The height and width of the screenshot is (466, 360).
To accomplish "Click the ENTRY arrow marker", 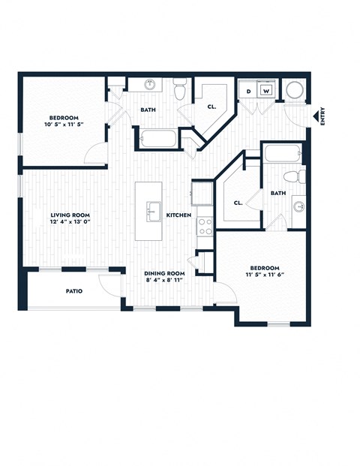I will (x=314, y=117).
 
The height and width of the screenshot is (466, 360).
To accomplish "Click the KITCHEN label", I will (x=178, y=215).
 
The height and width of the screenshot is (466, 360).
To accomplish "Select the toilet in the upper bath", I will (x=178, y=92).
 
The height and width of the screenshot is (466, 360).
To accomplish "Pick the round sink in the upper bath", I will (x=148, y=85).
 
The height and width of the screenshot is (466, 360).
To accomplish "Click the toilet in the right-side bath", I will (x=300, y=177).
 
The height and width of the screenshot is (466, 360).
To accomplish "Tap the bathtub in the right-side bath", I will (x=282, y=153).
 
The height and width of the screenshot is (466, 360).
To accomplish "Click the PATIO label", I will (x=73, y=290).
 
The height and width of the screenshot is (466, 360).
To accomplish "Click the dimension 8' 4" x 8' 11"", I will (x=165, y=281).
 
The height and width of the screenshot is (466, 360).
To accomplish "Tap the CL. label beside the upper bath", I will (x=211, y=107).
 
